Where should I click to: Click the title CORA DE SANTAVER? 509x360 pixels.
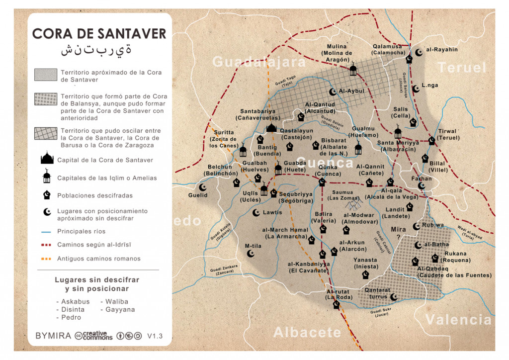coord(99,34)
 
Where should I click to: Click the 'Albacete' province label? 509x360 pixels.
coord(307,332)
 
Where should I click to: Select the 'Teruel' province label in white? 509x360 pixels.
coord(462,68)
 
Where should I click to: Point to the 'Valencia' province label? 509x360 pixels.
coord(458,319)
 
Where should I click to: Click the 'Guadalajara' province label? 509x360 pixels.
coord(259,62)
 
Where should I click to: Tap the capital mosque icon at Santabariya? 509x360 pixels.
coord(271,128)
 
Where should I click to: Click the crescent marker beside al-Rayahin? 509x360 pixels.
coord(418,51)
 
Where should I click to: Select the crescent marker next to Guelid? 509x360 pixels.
coord(202,187)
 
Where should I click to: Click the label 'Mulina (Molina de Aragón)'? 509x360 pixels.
coord(337,53)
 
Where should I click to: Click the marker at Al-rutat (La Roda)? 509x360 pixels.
coord(337,305)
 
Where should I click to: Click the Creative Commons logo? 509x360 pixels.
coord(93,336)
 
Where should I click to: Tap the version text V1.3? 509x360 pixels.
coord(155,336)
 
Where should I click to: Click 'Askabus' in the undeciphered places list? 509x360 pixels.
coord(75,301)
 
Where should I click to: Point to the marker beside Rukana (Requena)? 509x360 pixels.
coord(435,258)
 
